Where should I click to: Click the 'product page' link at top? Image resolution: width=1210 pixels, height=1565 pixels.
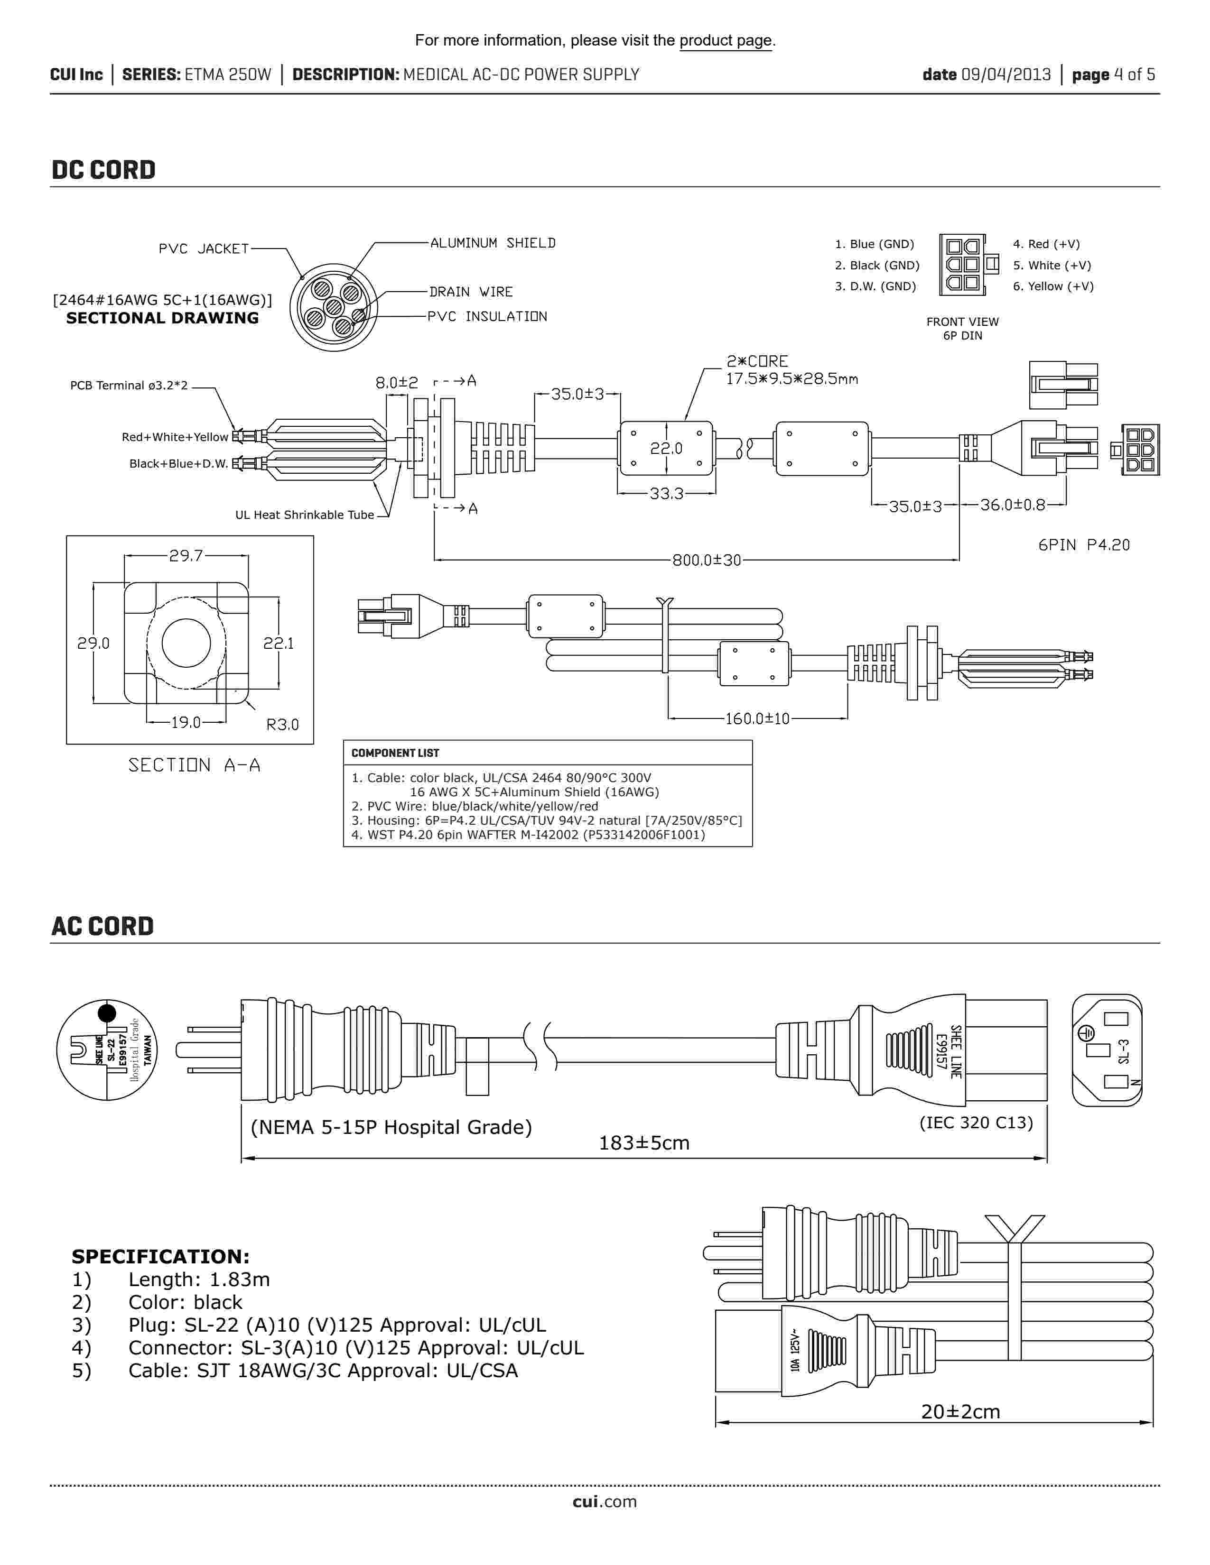[x=726, y=41]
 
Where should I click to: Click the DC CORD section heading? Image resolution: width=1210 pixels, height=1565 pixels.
[x=103, y=170]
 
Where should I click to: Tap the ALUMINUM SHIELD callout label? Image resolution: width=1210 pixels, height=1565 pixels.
[x=493, y=243]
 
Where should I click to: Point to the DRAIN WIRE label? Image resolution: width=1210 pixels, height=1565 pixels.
[x=471, y=292]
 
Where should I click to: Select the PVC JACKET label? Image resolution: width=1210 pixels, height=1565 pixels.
[x=204, y=249]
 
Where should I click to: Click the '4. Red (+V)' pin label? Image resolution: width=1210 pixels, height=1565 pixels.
[x=1046, y=244]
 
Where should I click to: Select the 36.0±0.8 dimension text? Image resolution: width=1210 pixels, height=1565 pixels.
[x=1012, y=505]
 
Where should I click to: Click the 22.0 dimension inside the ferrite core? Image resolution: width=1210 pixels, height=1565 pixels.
[x=666, y=449]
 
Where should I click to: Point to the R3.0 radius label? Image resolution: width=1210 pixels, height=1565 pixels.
[x=282, y=725]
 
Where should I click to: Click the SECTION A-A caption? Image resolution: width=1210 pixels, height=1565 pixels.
[x=194, y=765]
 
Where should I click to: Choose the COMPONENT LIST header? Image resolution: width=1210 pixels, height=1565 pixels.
[x=395, y=753]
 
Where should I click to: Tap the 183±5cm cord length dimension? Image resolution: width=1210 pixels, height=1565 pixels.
[x=644, y=1143]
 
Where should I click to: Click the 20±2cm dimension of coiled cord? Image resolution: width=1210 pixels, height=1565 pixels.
[x=960, y=1412]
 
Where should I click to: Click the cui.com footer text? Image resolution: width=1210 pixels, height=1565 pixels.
[x=604, y=1502]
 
